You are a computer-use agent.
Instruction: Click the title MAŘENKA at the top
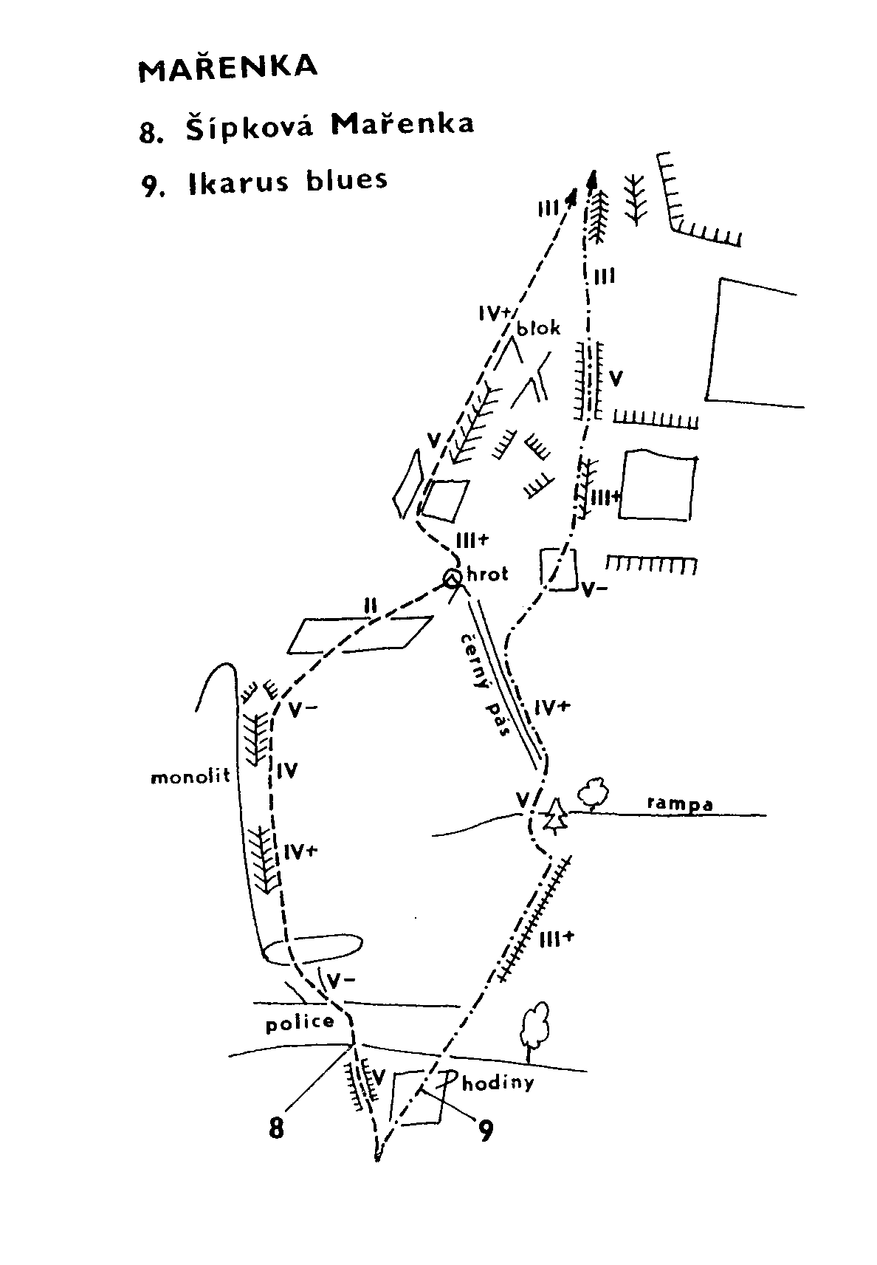point(227,69)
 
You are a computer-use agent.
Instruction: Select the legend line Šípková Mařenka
point(306,126)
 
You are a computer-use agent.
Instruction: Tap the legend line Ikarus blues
point(264,182)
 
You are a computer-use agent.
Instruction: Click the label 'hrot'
point(487,575)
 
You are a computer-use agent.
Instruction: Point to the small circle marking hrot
point(452,578)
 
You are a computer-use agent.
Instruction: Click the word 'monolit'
point(190,777)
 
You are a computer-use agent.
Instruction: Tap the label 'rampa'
point(679,805)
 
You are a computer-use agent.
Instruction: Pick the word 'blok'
point(538,328)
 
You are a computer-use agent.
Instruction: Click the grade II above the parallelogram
point(371,606)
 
